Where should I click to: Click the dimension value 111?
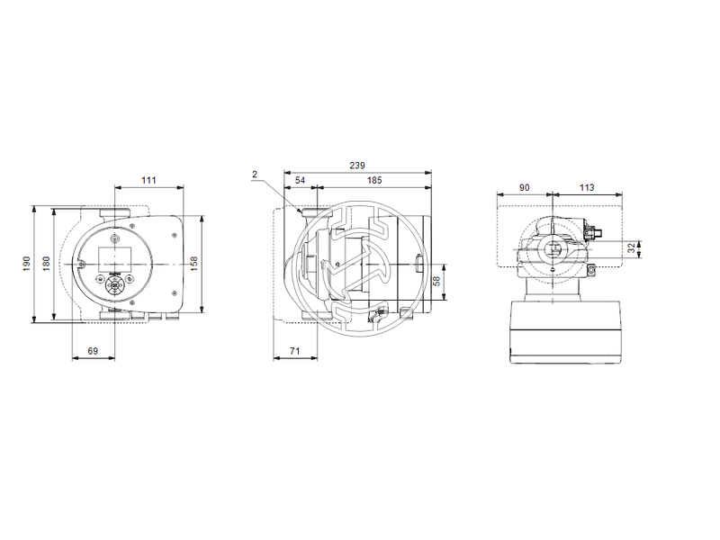click(148, 181)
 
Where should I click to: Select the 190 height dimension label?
click(27, 263)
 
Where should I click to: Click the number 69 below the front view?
click(93, 351)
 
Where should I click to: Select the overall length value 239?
click(357, 165)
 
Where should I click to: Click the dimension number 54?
click(300, 181)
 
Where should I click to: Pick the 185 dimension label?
click(374, 181)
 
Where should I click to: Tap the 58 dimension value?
click(436, 281)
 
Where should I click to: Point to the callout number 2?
click(255, 174)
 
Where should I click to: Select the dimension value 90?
click(526, 188)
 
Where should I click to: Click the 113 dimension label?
click(586, 188)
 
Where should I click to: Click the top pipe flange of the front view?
click(114, 212)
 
